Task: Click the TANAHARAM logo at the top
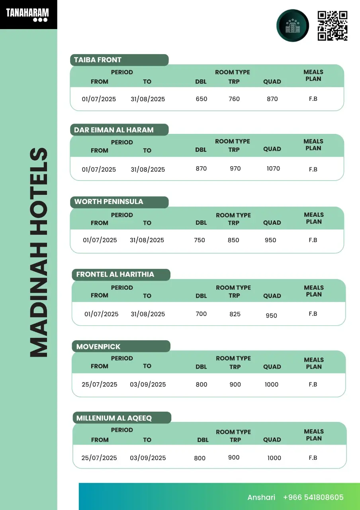point(27,15)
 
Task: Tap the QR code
point(333,26)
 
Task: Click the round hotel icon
point(293,26)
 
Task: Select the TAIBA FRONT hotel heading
point(98,60)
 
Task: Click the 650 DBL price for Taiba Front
point(202,99)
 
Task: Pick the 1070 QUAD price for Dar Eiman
point(273,169)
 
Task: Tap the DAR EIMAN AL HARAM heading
point(114,130)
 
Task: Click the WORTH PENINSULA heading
point(109,202)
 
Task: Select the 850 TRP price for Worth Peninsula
point(233,240)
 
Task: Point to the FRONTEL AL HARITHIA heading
point(115,275)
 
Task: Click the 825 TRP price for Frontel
point(235,314)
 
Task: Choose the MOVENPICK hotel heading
point(98,347)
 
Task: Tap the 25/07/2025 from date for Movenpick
point(100,384)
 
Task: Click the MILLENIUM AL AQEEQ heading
point(114,418)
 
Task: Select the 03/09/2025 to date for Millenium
point(148,458)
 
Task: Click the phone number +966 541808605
point(313,497)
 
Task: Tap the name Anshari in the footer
point(261,497)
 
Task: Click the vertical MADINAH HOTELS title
point(39,253)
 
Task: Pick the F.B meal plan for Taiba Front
point(313,99)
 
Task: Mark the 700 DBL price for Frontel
point(201,314)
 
